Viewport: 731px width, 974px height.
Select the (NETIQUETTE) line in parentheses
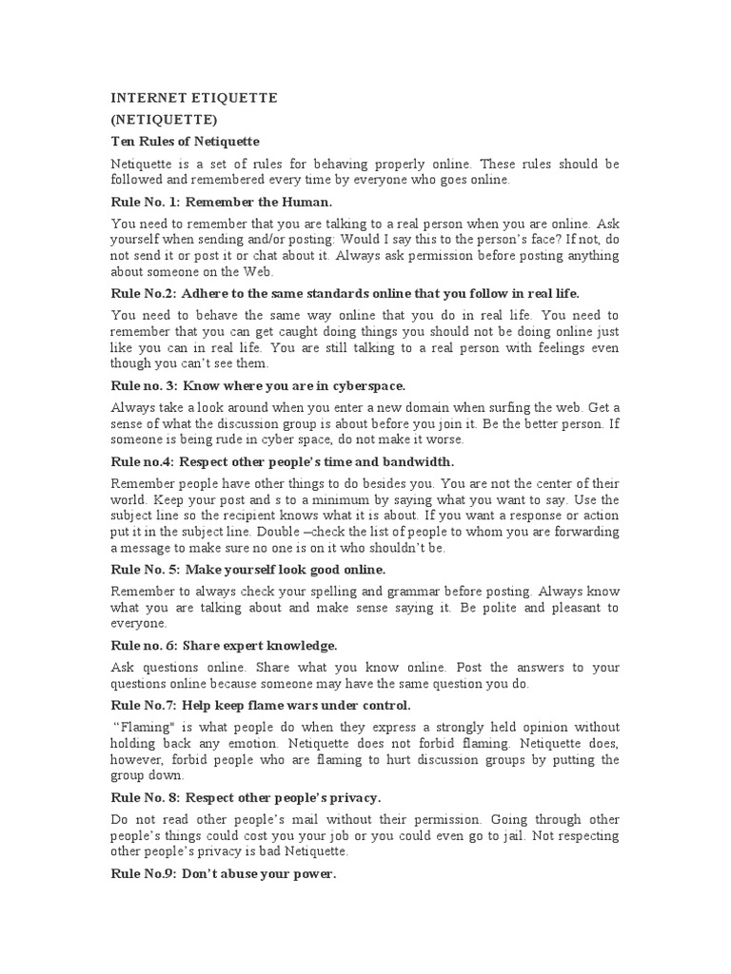pos(165,120)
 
